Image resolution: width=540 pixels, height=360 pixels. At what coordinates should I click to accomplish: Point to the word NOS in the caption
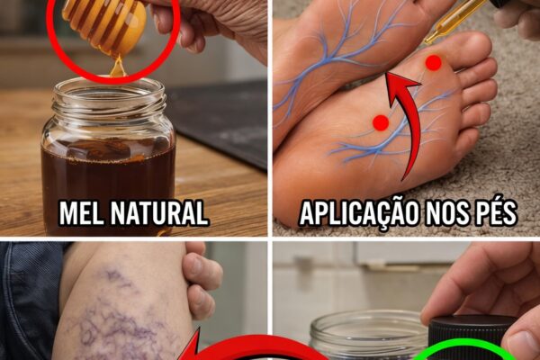[446, 213]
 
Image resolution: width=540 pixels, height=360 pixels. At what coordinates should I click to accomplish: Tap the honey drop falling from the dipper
[117, 67]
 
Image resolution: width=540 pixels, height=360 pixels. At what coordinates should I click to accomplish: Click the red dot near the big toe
[433, 63]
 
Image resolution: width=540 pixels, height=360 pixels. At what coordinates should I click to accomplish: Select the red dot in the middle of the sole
[381, 122]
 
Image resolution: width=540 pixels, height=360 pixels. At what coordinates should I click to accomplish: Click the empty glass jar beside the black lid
[368, 336]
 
